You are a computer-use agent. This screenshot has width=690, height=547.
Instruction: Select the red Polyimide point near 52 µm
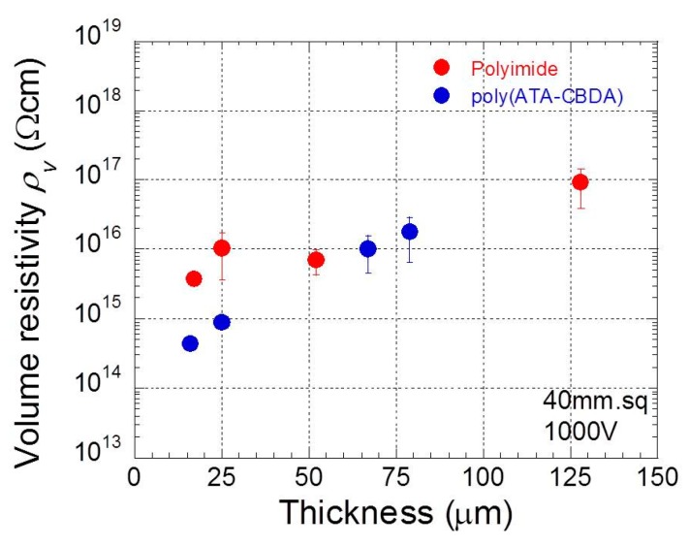pos(316,260)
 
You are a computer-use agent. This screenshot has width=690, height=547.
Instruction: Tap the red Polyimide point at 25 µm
pos(221,247)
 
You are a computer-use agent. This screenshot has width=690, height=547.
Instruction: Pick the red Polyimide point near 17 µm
pos(194,278)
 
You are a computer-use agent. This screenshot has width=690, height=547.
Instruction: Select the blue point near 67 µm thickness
pos(368,248)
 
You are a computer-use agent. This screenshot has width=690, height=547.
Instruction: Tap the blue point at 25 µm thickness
pos(221,322)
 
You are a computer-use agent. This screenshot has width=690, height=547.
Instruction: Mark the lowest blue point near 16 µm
pos(190,343)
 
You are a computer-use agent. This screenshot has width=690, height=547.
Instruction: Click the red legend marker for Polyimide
pos(442,67)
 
